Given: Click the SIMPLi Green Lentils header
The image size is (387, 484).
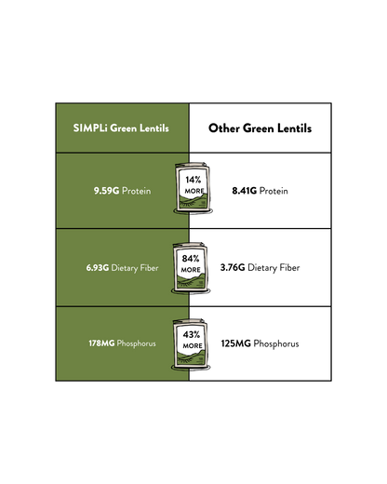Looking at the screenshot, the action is pyautogui.click(x=121, y=128).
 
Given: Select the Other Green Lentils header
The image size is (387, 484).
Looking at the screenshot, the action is pyautogui.click(x=260, y=128).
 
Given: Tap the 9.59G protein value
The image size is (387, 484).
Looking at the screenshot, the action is pyautogui.click(x=106, y=191).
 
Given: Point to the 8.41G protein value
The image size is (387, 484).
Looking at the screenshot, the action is pyautogui.click(x=245, y=191).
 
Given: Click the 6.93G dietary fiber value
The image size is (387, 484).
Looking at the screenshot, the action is pyautogui.click(x=98, y=268).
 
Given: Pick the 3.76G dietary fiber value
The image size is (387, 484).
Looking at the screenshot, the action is pyautogui.click(x=233, y=267).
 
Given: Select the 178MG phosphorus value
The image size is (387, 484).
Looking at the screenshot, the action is pyautogui.click(x=101, y=343).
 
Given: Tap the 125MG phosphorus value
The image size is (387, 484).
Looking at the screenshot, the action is pyautogui.click(x=235, y=343).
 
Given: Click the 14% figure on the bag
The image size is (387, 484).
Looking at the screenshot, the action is pyautogui.click(x=193, y=180).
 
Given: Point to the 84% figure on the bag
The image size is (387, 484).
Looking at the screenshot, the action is pyautogui.click(x=191, y=258).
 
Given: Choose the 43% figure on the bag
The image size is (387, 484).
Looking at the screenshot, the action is pyautogui.click(x=192, y=334).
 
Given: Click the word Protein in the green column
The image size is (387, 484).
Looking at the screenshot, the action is pyautogui.click(x=137, y=191).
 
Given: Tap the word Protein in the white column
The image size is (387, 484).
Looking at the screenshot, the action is pyautogui.click(x=274, y=191).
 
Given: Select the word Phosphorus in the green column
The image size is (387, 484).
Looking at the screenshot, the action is pyautogui.click(x=137, y=343).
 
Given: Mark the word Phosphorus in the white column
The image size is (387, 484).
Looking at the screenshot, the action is pyautogui.click(x=276, y=344).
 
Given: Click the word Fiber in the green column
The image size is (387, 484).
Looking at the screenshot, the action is pyautogui.click(x=149, y=267).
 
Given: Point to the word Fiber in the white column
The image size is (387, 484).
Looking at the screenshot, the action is pyautogui.click(x=289, y=267).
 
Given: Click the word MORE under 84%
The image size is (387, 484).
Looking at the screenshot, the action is pyautogui.click(x=191, y=270).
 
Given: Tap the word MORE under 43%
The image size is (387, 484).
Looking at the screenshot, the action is pyautogui.click(x=193, y=345).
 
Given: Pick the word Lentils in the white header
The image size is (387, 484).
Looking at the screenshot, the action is pyautogui.click(x=294, y=128).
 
